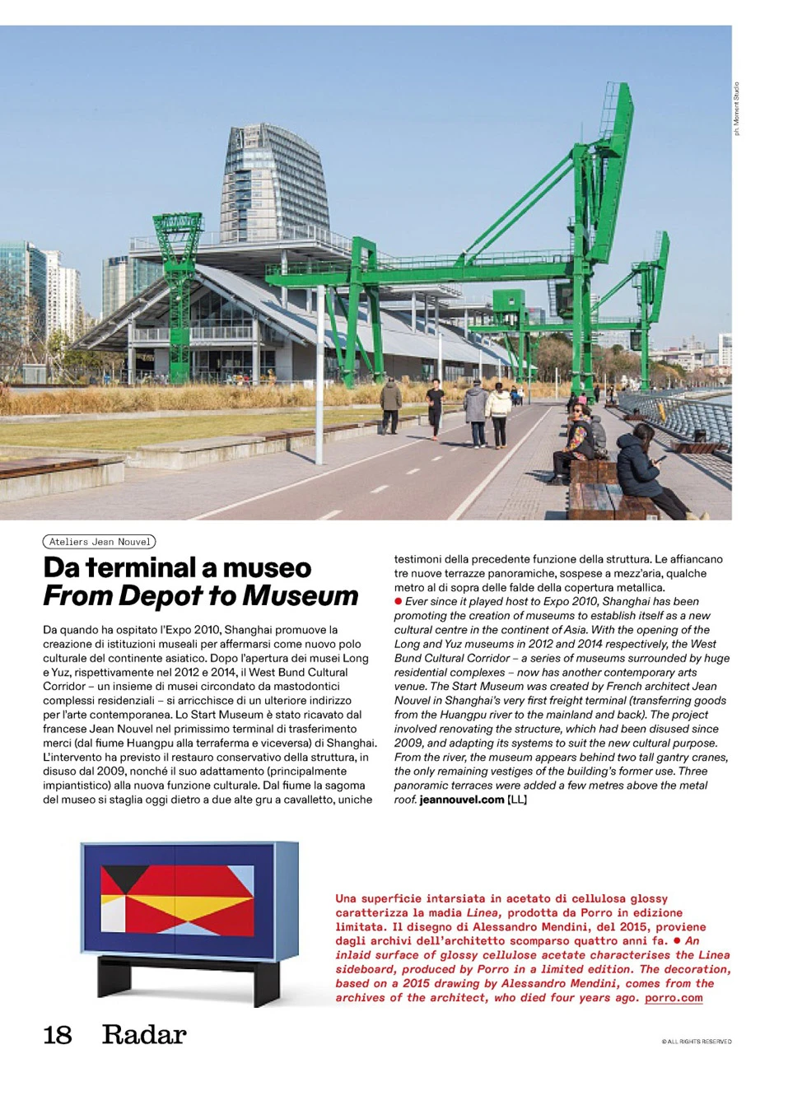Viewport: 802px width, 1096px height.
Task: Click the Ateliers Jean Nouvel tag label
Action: [99, 542]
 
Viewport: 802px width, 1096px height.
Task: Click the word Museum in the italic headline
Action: [301, 595]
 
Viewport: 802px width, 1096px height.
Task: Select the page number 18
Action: [58, 1035]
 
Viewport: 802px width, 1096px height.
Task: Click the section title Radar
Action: [144, 1035]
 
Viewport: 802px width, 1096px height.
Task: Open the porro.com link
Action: [674, 998]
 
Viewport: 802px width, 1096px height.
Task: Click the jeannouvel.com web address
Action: [461, 800]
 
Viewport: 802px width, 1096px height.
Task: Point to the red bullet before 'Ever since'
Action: [399, 602]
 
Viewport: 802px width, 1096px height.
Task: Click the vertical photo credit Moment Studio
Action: [737, 108]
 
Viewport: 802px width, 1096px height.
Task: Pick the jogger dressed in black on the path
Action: [435, 408]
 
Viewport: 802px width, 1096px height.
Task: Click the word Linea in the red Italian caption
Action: [483, 913]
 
